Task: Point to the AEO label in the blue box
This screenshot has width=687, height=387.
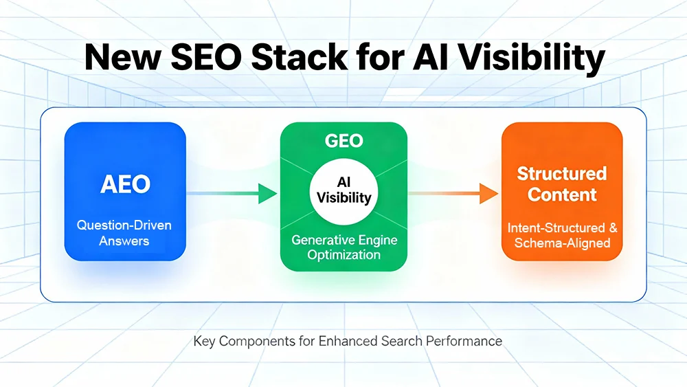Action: coord(125,184)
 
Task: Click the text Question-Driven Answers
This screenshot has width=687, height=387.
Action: coord(125,233)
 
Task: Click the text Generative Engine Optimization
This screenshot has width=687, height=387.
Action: coord(343,247)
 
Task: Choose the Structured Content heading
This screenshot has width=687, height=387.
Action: coord(562,183)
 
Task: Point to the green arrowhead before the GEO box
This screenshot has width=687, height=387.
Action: coord(266,194)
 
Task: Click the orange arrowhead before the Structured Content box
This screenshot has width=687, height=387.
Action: coord(488,194)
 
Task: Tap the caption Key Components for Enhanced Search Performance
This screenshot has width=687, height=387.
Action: coord(348,341)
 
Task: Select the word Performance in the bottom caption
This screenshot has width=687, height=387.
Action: coord(464,341)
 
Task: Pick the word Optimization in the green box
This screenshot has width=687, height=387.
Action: coord(343,254)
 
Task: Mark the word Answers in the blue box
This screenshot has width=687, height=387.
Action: coord(124,241)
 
